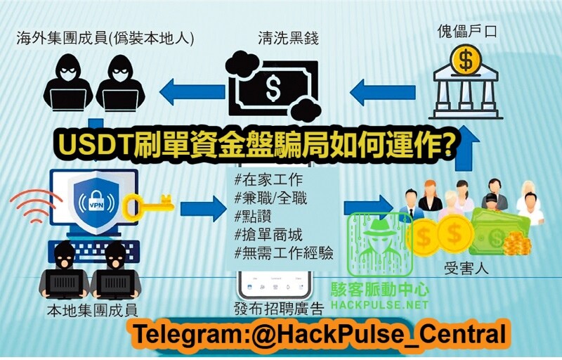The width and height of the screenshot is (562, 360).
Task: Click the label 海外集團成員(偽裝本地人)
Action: tap(105, 37)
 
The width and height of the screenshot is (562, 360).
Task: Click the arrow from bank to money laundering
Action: tap(376, 89)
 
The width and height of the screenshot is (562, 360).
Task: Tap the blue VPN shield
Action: tap(96, 201)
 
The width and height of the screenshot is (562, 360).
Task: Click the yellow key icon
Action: tap(148, 205)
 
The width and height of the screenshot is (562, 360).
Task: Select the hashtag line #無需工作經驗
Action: tap(284, 253)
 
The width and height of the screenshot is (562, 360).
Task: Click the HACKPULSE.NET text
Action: tap(380, 306)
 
